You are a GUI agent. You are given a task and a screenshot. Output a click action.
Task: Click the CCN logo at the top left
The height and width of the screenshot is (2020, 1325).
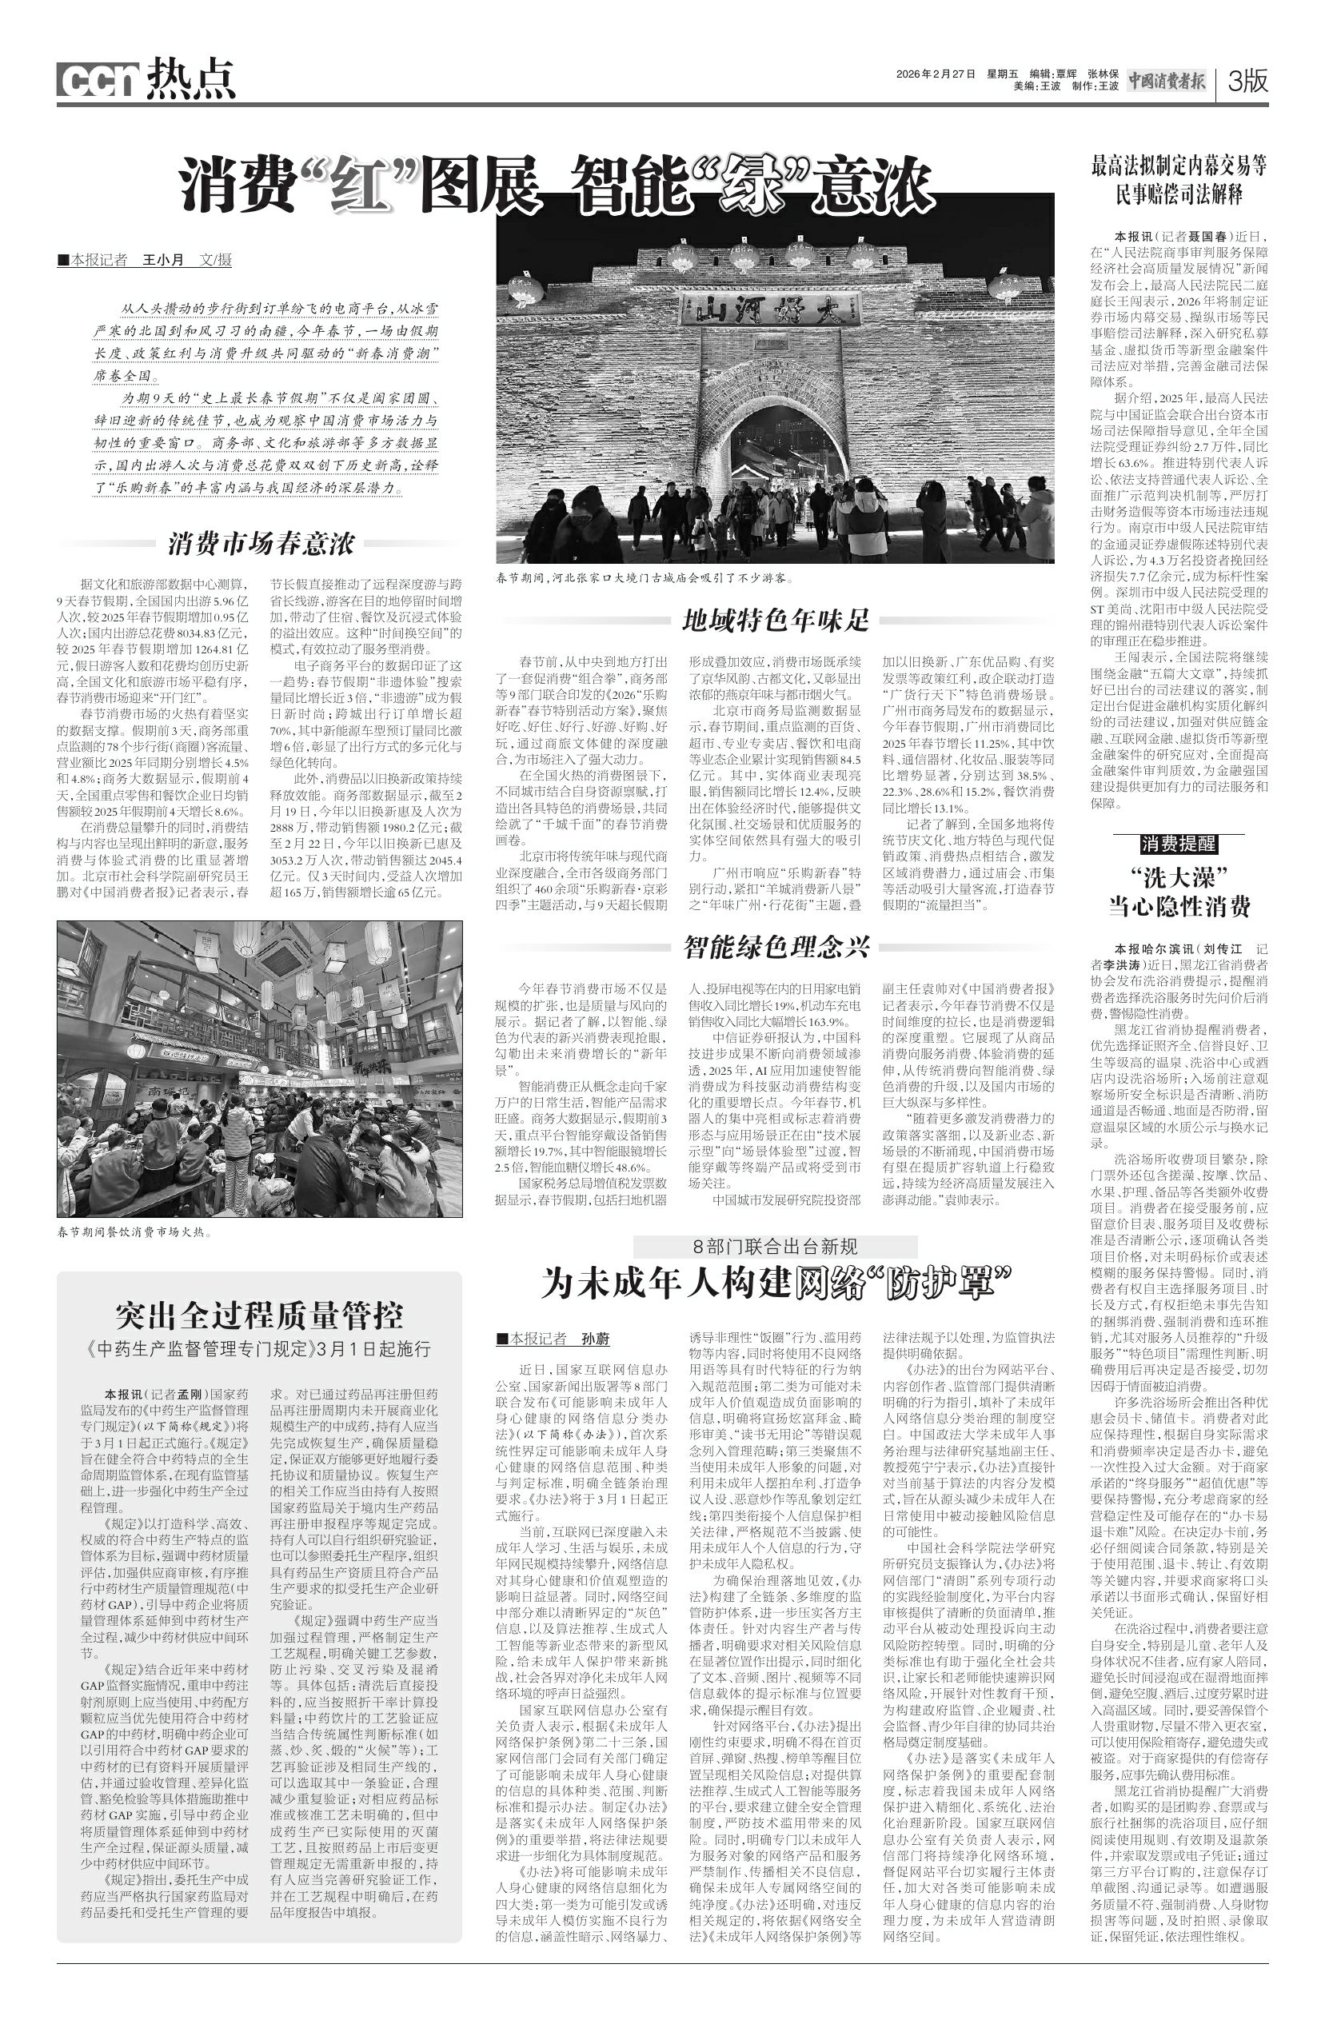point(98,81)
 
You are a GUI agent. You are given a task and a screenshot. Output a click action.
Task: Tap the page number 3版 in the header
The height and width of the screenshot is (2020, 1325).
point(1247,82)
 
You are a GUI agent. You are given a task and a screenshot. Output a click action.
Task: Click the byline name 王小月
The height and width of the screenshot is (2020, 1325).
point(164,260)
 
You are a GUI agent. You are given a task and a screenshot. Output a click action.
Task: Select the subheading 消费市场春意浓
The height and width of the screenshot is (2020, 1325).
point(261,543)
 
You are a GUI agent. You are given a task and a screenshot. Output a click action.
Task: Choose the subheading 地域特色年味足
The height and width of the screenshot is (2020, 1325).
point(776,621)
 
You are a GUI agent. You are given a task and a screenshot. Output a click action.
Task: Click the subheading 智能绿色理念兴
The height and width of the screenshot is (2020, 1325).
point(776,946)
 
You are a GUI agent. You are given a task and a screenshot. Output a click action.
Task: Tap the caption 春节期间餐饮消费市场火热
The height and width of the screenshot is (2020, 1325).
point(134,1232)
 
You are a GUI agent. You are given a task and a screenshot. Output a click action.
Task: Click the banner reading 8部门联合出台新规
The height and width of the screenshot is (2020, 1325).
point(775,1246)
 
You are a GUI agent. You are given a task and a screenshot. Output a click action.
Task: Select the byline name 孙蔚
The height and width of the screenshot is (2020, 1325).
point(596,1339)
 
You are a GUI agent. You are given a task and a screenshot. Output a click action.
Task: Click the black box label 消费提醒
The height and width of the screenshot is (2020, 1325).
point(1178,844)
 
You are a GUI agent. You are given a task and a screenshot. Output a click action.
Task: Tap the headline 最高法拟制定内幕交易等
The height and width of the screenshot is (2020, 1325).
point(1178,166)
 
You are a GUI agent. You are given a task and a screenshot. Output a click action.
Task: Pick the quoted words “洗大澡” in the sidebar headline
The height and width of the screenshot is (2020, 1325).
point(1179,876)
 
